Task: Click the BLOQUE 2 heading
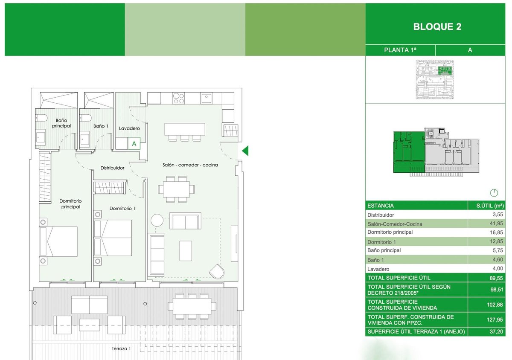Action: [437, 27]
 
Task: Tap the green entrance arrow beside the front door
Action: [245, 151]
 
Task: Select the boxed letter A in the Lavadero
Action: [134, 144]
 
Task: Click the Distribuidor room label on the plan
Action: [112, 168]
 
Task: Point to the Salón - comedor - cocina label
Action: [190, 165]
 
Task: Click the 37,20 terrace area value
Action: [497, 331]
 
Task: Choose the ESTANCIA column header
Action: [380, 206]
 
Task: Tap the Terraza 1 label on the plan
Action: [121, 348]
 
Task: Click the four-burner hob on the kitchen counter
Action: [178, 98]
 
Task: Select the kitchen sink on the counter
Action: [207, 98]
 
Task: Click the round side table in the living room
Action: [157, 221]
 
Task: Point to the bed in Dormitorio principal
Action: [58, 241]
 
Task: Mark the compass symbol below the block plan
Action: [495, 192]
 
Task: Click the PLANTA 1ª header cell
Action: [400, 50]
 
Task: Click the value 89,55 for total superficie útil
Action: [497, 277]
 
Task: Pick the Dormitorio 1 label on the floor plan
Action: [122, 209]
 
